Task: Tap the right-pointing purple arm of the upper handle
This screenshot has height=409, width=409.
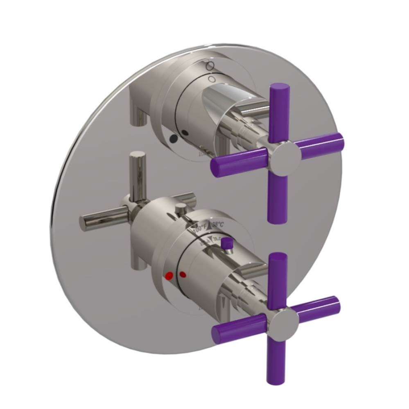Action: pyautogui.click(x=321, y=144)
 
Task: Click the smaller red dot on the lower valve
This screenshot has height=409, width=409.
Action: pyautogui.click(x=183, y=274)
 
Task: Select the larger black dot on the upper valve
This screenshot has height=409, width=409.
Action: pyautogui.click(x=174, y=139)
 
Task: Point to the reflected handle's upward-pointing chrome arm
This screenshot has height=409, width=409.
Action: pyautogui.click(x=137, y=172)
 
